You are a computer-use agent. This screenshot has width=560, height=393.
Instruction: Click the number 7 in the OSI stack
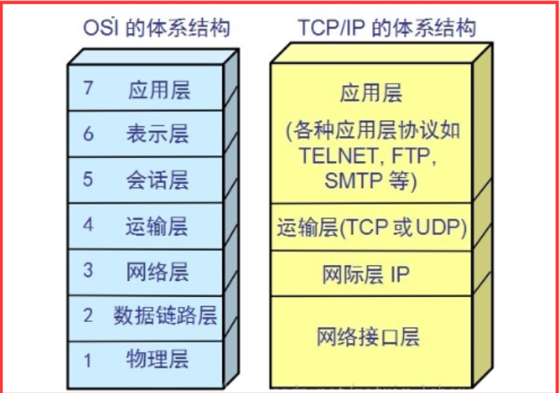coord(88,88)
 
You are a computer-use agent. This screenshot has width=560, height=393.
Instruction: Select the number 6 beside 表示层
coord(88,133)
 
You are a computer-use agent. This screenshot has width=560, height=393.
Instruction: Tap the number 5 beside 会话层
coord(88,179)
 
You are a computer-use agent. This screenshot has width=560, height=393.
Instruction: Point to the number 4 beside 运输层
coord(88,225)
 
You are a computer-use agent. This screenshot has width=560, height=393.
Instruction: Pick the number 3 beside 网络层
coord(88,271)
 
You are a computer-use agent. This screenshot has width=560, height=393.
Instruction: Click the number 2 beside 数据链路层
coord(88,316)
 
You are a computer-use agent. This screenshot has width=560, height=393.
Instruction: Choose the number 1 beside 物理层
coord(88,361)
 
